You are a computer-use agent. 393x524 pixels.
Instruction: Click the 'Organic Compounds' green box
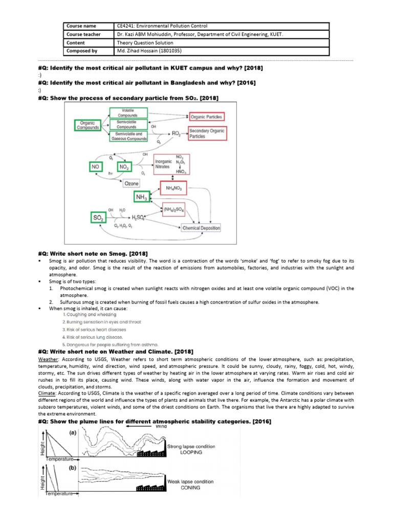pos(86,125)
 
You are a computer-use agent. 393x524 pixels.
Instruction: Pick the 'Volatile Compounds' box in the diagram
pos(128,113)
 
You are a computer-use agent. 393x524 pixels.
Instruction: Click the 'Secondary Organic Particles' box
pos(207,134)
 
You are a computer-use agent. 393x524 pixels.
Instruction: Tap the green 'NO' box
pos(95,167)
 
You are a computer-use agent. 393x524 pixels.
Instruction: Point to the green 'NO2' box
pos(124,167)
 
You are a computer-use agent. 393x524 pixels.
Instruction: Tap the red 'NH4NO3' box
pos(173,188)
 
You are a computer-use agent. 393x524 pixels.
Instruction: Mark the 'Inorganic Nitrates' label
pos(165,164)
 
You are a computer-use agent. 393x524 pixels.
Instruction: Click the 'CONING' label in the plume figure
pos(184,488)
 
